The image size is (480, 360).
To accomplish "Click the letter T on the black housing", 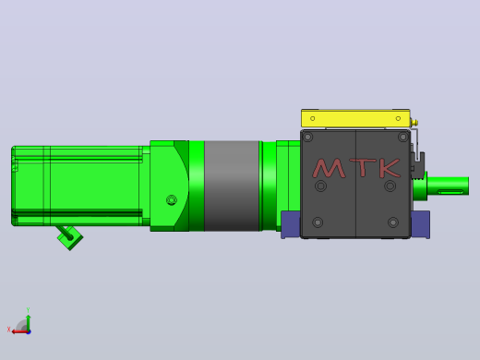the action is (364, 167).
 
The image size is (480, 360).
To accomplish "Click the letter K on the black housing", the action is (390, 168).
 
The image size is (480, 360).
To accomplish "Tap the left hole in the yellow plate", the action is (313, 118).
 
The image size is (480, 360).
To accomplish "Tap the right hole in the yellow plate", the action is (398, 118).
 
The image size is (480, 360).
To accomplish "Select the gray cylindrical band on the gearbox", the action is (232, 186).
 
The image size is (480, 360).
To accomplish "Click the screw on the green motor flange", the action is (172, 200).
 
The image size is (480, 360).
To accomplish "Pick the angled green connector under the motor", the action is (69, 237).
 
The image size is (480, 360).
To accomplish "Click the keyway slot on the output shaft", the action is (450, 192).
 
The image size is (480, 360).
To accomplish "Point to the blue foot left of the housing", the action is (291, 224).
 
